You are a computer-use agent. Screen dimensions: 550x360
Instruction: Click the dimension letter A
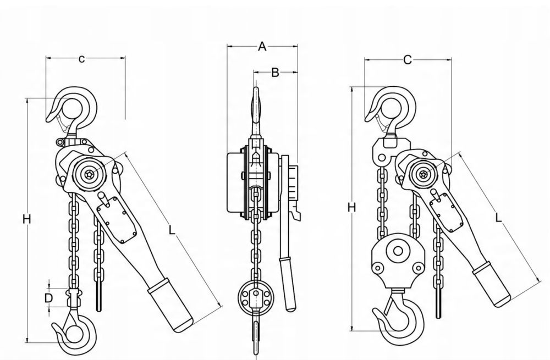coord(262,46)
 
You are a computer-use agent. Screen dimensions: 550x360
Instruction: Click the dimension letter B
coord(276,73)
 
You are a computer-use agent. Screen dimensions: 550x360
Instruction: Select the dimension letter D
coord(48,298)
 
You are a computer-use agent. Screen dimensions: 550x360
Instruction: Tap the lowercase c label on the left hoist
coord(81,59)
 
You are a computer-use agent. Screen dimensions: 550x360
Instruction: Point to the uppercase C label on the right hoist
coord(407,60)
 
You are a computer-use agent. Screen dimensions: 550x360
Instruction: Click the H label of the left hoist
coord(26,219)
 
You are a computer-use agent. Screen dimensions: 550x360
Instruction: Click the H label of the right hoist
coord(351,208)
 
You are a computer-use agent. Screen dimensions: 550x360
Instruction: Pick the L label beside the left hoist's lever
coord(172,230)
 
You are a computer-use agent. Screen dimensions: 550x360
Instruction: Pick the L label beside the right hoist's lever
coord(498,218)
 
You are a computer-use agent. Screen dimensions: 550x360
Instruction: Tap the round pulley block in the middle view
coord(256,296)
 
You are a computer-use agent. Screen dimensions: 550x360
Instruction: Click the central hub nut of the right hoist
coord(424,173)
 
